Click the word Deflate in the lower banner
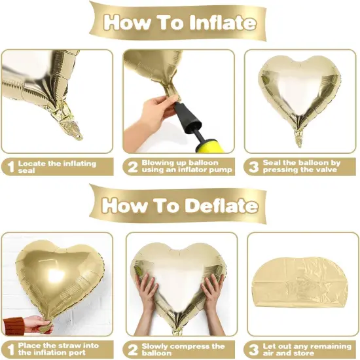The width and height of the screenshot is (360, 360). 219,205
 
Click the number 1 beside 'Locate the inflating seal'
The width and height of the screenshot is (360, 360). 9,167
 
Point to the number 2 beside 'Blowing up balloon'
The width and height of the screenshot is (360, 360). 132,167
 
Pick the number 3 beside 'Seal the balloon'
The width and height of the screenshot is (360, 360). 253,167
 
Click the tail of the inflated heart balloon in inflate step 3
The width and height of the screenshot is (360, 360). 300,134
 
